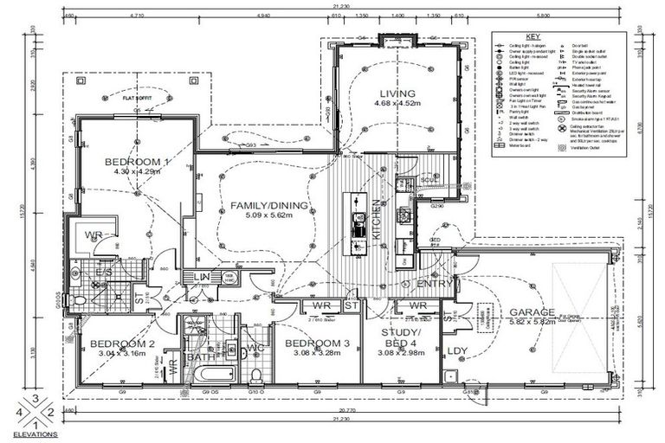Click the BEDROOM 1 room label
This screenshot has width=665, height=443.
[137, 162]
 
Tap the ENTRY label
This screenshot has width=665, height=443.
[436, 284]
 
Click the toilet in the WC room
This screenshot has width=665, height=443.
[256, 373]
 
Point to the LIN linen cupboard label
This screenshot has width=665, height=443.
[202, 277]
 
